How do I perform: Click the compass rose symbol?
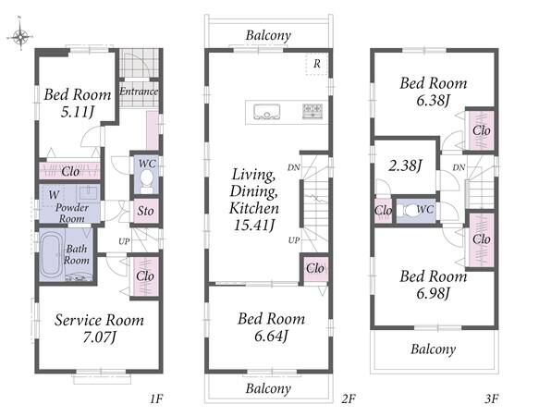tap(20, 35)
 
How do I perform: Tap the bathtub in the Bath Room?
tap(52, 255)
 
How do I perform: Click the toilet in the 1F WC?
tap(146, 181)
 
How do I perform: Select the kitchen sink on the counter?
tap(267, 112)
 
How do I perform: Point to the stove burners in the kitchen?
tap(312, 111)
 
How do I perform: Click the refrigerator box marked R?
tap(316, 64)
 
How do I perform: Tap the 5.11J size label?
tap(78, 112)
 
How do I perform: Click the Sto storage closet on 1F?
tap(145, 211)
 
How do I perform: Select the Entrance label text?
tap(139, 92)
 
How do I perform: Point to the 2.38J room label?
tap(405, 165)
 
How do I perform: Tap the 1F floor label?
tap(156, 398)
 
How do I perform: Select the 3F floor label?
tap(492, 398)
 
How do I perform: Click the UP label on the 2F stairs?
tap(294, 240)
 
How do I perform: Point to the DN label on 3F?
tap(459, 167)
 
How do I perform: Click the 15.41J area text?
tap(254, 226)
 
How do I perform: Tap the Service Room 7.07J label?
tap(99, 329)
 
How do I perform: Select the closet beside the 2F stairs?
tap(315, 268)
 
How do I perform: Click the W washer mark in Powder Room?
tap(54, 195)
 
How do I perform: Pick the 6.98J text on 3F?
tap(433, 293)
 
